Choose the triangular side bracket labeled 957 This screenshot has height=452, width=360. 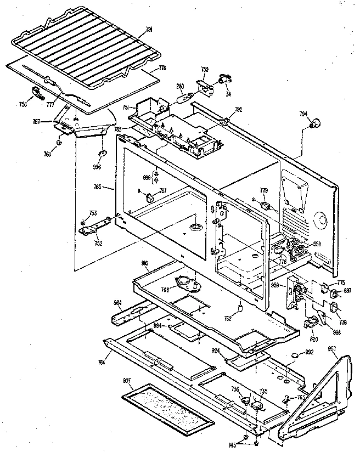click(x=320, y=395)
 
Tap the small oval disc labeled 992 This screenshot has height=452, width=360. click(x=296, y=355)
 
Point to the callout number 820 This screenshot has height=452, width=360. click(x=313, y=339)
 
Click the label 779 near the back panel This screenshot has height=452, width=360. click(x=264, y=191)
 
